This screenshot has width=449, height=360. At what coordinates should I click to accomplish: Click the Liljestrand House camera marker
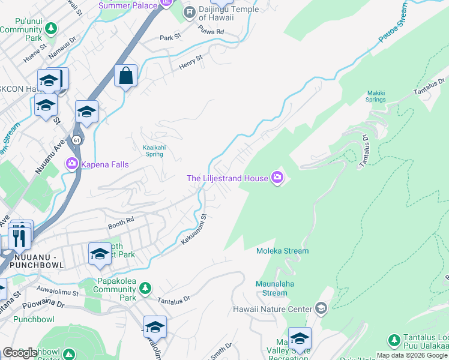coord(277,177)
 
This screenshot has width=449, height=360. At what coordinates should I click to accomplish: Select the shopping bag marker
coord(125,76)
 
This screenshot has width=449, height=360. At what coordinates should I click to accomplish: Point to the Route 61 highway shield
coord(76,139)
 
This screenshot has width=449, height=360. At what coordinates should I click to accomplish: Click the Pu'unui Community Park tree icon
coord(51,28)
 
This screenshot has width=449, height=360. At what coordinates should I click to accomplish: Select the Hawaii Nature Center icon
coord(321,310)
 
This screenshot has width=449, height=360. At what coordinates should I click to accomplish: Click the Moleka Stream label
coord(282,251)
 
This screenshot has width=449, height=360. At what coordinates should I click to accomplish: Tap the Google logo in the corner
coord(20,353)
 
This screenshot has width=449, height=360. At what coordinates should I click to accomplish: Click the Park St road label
coord(170,37)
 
